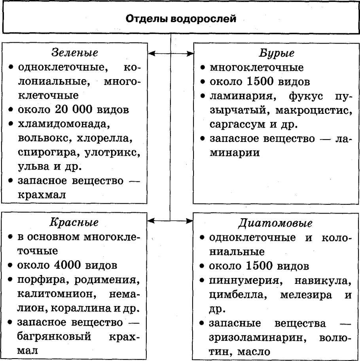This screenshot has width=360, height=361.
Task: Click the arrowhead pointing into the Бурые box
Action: (189, 53)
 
